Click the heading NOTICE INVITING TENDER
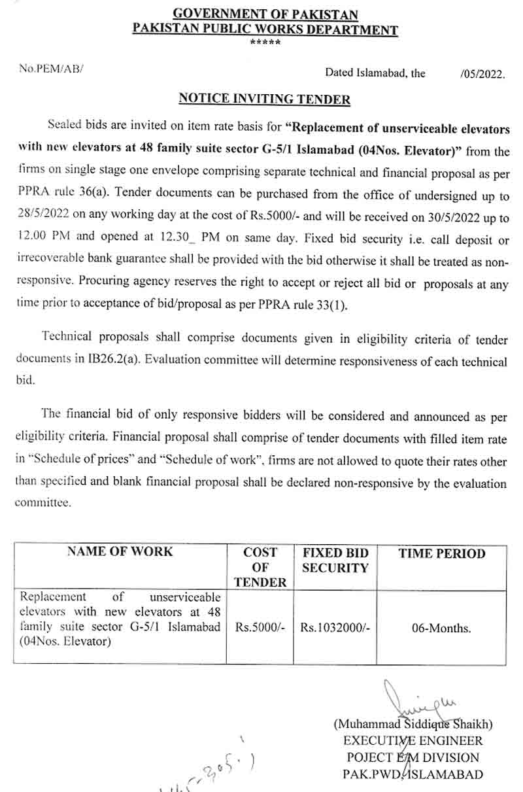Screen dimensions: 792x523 (265, 99)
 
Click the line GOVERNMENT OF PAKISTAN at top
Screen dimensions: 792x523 (265, 14)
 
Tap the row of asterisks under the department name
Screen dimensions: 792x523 (265, 43)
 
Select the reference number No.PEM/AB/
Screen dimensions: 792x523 (52, 69)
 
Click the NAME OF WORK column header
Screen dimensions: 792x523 (120, 552)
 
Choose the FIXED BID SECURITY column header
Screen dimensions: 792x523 (335, 560)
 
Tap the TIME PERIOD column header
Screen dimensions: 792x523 (442, 553)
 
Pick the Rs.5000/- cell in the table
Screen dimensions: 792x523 (260, 628)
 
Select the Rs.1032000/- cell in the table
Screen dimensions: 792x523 (335, 628)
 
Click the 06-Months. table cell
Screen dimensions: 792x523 (441, 628)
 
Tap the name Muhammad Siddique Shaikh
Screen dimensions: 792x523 (413, 725)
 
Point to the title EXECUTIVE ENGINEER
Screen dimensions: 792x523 (413, 741)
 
